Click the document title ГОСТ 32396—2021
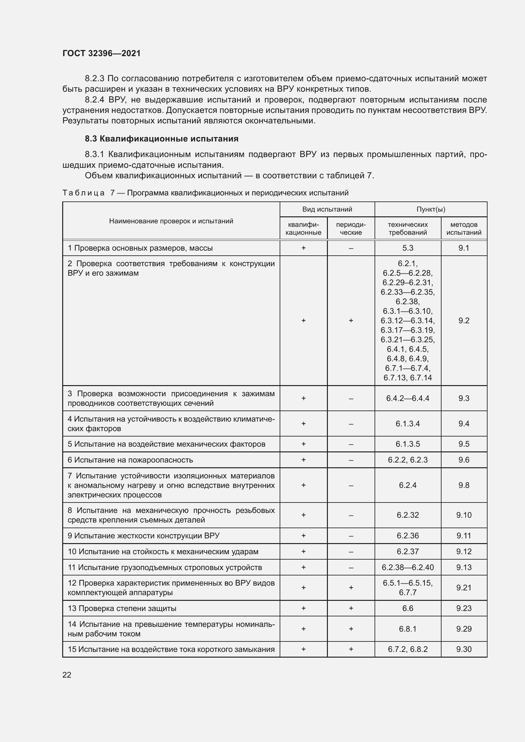click(102, 53)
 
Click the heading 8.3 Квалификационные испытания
click(162, 139)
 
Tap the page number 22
click(67, 675)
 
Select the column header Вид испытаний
click(327, 209)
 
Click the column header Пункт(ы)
click(431, 209)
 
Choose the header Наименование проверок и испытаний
click(171, 221)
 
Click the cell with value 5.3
click(408, 248)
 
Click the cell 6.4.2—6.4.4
click(408, 398)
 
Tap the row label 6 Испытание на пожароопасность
click(130, 460)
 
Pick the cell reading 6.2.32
click(408, 515)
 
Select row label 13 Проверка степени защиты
click(122, 608)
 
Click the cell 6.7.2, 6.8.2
click(408, 649)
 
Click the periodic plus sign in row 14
click(351, 628)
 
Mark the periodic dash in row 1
click(351, 248)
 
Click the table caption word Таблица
click(83, 193)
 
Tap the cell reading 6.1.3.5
click(408, 444)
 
